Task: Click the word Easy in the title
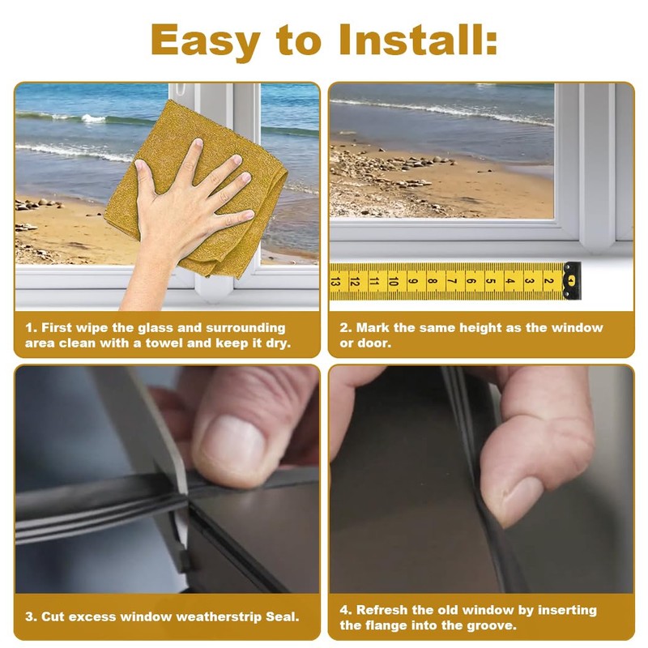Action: tap(206, 40)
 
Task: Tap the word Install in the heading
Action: tap(417, 39)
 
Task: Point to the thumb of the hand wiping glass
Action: tap(145, 177)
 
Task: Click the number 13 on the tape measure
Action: tap(335, 281)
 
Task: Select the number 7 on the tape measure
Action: tap(452, 281)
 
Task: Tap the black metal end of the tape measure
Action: tap(572, 280)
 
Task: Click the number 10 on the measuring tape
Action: tap(394, 281)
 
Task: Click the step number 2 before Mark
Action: tap(345, 328)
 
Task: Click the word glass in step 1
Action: tap(156, 328)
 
